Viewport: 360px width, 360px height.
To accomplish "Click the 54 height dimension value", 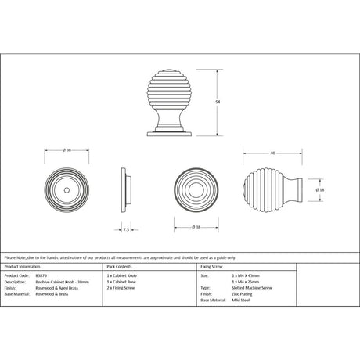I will point(218,101).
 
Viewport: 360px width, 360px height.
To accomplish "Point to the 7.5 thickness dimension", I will point(126,229).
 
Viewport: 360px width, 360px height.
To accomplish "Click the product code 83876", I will point(40,276).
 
